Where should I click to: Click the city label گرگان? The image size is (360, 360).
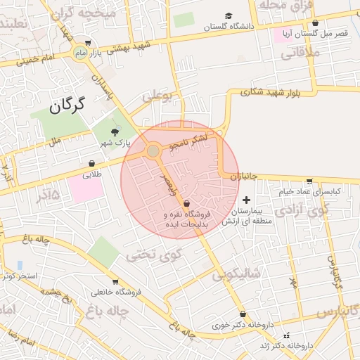click(67, 106)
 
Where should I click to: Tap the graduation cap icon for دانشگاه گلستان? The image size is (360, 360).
click(227, 16)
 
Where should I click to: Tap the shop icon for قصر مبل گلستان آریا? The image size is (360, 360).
click(315, 23)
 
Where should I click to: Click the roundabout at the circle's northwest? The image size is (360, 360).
click(153, 150)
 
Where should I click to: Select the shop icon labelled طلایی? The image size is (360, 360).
click(92, 164)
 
